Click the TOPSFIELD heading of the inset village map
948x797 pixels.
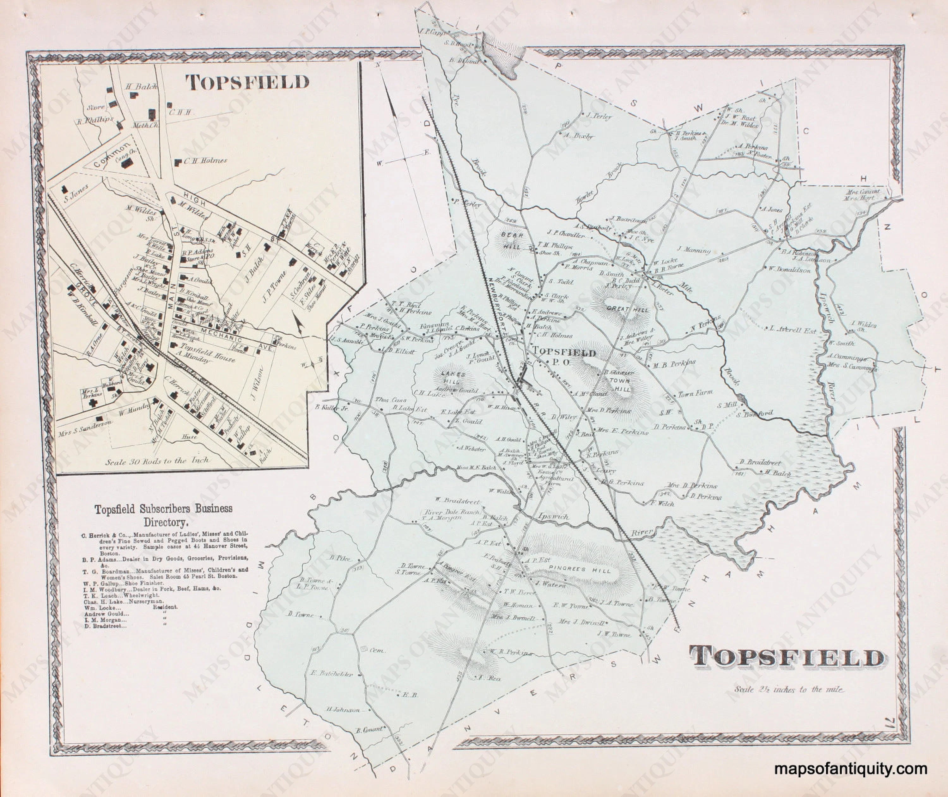coord(248,83)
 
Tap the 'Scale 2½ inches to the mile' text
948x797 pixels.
coord(789,689)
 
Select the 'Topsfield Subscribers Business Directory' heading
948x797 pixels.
coord(163,515)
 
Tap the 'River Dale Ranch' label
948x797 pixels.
coord(445,512)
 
